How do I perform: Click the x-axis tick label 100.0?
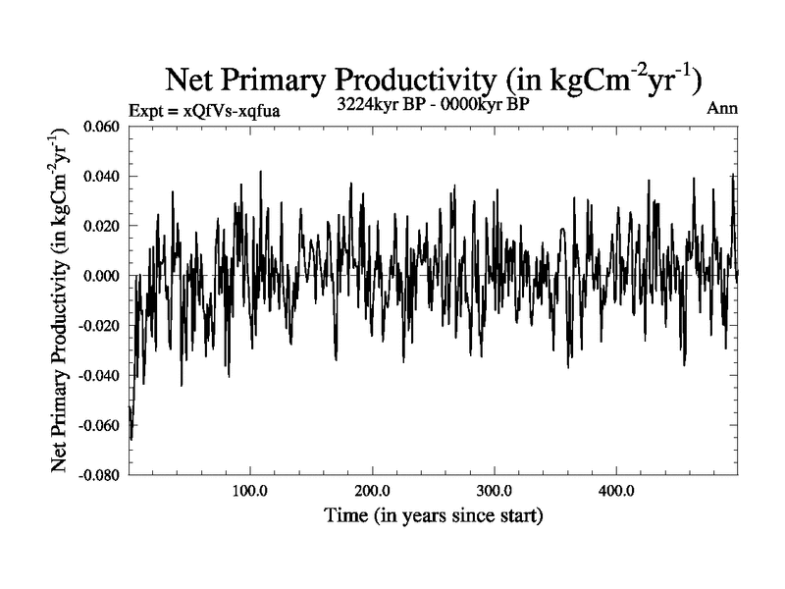tap(250, 490)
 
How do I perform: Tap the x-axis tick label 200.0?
tap(372, 490)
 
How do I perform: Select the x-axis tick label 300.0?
tap(494, 490)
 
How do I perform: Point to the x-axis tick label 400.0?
tap(615, 490)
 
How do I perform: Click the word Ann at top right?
tap(721, 109)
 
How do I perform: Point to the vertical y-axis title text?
tap(73, 298)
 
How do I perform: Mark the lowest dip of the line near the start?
tap(131, 438)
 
